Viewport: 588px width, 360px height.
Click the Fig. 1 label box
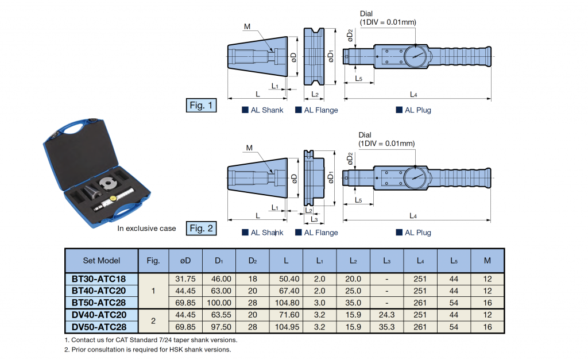[202, 106]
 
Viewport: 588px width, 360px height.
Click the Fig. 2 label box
[202, 229]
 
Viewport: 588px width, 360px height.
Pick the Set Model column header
[102, 260]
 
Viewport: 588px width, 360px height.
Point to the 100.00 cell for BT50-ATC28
[218, 303]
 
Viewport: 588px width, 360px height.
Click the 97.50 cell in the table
[218, 327]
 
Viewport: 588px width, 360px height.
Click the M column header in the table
[487, 260]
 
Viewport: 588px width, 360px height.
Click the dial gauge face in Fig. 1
[415, 56]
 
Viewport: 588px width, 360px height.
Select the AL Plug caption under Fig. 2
[417, 233]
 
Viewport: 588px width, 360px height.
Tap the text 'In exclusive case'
[146, 229]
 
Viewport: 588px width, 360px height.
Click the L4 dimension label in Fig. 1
[413, 94]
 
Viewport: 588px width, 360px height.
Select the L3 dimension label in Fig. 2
[314, 219]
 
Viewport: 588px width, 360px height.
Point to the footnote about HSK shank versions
[148, 349]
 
